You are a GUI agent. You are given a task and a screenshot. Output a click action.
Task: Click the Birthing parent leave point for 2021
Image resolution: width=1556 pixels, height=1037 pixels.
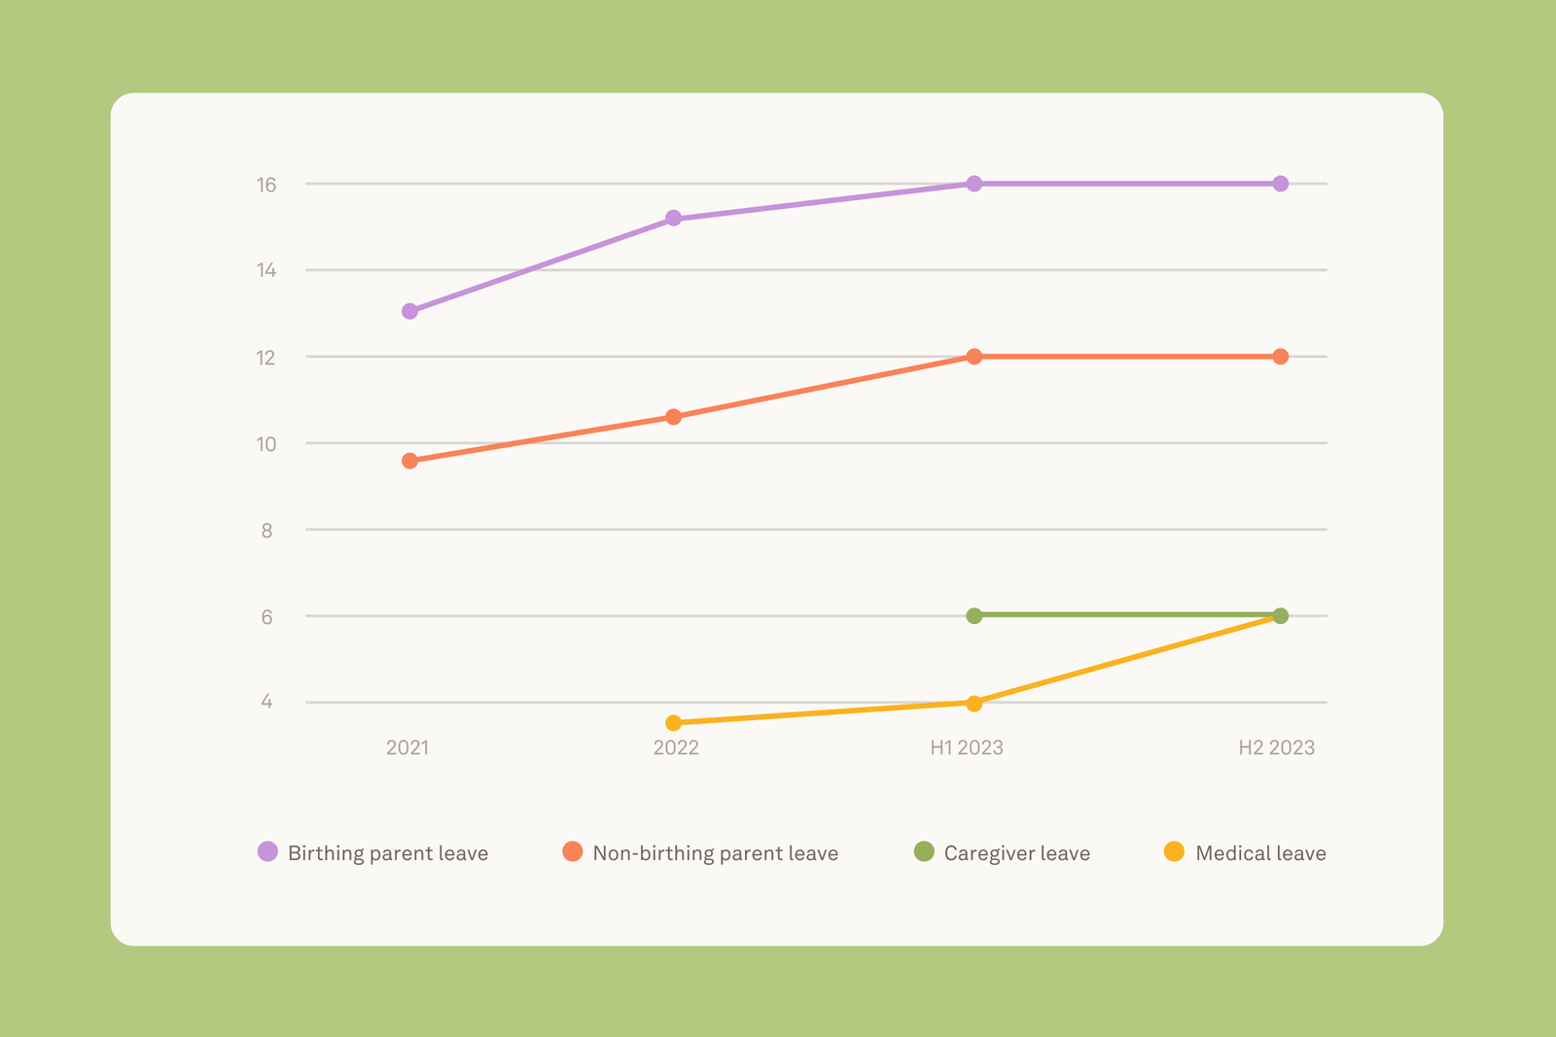[409, 311]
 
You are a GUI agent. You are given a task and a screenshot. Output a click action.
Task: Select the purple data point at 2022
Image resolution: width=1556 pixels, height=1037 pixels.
[673, 218]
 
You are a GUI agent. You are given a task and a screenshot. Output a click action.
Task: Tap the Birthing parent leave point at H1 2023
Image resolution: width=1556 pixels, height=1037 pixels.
[973, 184]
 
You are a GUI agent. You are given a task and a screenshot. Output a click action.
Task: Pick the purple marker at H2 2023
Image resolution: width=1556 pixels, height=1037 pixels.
[1280, 184]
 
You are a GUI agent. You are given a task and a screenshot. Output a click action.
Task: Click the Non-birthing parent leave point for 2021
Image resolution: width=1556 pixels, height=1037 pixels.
[409, 461]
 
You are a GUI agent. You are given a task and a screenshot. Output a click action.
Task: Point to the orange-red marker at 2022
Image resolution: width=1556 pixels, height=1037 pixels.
[673, 417]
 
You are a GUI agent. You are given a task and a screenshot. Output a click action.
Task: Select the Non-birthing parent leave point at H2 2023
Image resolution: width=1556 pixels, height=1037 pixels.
[1280, 357]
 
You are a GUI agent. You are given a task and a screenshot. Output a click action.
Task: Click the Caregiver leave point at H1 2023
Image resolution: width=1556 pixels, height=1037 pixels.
[973, 615]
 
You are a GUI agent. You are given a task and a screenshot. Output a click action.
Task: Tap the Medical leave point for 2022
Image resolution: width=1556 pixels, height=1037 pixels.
[673, 723]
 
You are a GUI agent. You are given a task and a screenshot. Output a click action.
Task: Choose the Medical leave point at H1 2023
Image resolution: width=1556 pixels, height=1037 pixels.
[973, 703]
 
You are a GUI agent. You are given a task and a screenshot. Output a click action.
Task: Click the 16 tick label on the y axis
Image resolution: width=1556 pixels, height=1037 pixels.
[266, 185]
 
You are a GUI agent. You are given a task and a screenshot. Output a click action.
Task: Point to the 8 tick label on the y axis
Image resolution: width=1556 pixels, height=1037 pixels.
[266, 531]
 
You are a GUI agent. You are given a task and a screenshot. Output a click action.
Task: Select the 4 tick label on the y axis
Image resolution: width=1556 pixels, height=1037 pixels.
[266, 702]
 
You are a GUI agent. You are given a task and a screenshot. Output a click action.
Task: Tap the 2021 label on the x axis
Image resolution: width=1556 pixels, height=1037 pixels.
[407, 747]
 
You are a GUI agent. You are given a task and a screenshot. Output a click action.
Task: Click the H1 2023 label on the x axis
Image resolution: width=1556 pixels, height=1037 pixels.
[966, 747]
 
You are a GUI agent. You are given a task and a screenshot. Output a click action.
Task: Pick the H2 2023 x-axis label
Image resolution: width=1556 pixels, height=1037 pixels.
[1276, 747]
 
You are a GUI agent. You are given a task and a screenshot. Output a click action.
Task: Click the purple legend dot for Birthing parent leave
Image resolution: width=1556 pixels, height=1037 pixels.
[267, 851]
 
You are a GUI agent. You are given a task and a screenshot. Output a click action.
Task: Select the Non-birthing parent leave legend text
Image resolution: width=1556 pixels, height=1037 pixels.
[715, 853]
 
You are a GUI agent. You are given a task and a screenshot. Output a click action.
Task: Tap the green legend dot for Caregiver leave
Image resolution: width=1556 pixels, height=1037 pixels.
[924, 851]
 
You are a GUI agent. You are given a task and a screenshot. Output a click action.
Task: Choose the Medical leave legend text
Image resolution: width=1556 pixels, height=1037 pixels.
[1260, 853]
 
